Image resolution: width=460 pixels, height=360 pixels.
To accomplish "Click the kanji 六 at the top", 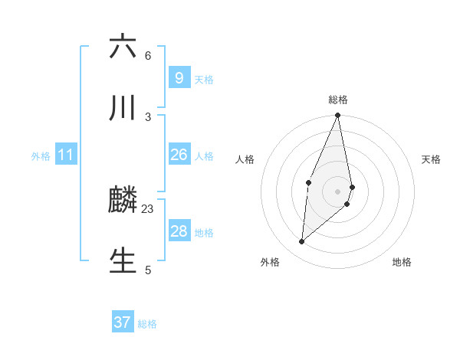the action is tap(123, 47).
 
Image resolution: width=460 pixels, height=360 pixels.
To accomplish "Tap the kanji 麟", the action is tap(123, 200).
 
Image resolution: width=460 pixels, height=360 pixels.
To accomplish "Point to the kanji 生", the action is tap(123, 260).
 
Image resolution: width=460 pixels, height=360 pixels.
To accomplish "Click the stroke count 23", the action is tap(148, 208).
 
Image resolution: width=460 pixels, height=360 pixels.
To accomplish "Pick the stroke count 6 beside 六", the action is tap(148, 56).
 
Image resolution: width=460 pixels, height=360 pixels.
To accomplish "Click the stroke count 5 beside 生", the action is tap(148, 270).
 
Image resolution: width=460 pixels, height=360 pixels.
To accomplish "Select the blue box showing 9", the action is tap(179, 77).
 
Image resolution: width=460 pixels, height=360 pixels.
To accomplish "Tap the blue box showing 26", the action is tap(179, 155).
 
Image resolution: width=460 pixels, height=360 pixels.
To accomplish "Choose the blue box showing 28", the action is tap(179, 231).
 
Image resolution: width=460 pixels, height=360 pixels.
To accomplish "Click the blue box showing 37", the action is tap(123, 322).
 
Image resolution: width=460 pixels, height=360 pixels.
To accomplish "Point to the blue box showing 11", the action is tap(66, 155).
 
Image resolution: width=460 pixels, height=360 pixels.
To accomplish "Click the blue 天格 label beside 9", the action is tap(204, 79).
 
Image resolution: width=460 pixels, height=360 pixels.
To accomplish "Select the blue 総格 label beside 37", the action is tap(147, 324).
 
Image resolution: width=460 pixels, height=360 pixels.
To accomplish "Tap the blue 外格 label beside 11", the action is tap(41, 156).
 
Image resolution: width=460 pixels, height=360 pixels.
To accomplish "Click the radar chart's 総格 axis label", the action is tap(338, 100).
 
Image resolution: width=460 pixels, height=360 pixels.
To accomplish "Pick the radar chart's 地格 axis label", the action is tap(402, 263).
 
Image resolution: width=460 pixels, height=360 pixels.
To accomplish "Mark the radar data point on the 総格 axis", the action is tap(338, 116).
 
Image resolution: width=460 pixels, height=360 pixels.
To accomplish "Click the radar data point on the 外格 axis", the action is tap(302, 241).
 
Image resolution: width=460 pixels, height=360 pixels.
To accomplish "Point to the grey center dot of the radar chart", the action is tap(338, 191).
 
